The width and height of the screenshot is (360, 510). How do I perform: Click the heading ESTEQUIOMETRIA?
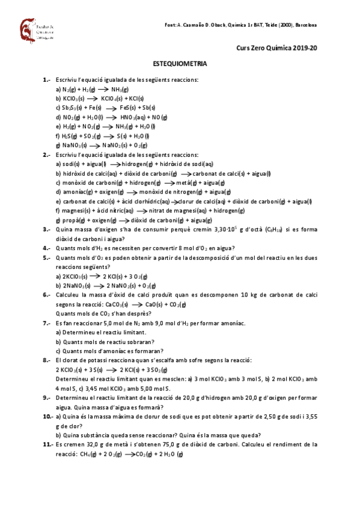tap(180, 63)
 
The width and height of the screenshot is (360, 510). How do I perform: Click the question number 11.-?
tap(48, 444)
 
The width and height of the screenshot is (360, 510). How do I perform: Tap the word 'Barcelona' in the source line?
tap(306, 25)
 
